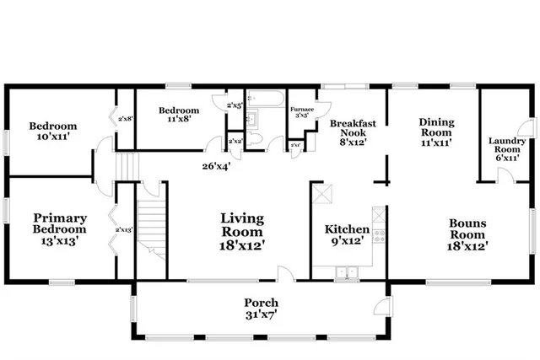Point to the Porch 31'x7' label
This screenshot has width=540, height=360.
tap(261, 309)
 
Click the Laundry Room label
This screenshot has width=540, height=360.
tap(506, 148)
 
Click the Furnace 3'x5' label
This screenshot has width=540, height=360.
tap(301, 113)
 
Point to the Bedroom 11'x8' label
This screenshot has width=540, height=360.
tap(180, 116)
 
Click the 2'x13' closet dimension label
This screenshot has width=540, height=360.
tap(124, 229)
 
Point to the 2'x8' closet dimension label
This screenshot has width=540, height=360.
tap(125, 120)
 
